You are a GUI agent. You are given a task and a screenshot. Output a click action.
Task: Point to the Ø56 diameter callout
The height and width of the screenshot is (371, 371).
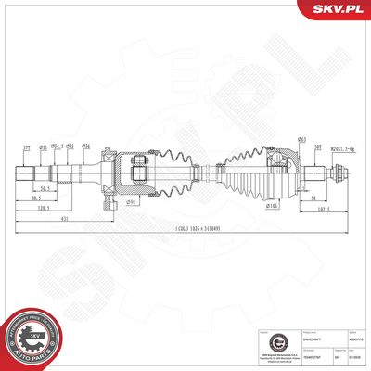85,146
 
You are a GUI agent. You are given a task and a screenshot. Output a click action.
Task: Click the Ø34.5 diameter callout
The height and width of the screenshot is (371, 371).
57,146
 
